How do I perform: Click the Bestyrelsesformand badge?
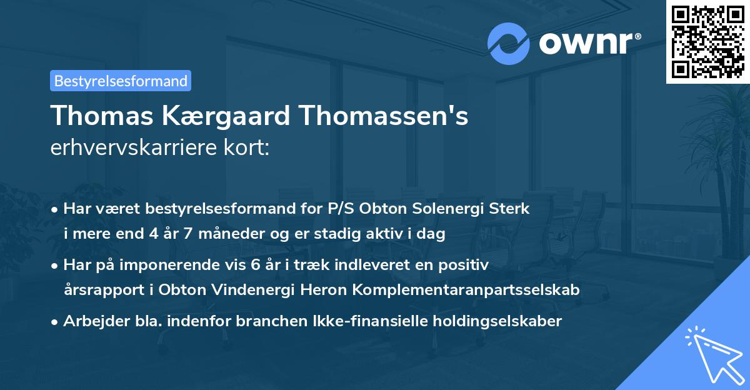coord(121,81)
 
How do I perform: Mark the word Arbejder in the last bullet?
coord(90,321)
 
